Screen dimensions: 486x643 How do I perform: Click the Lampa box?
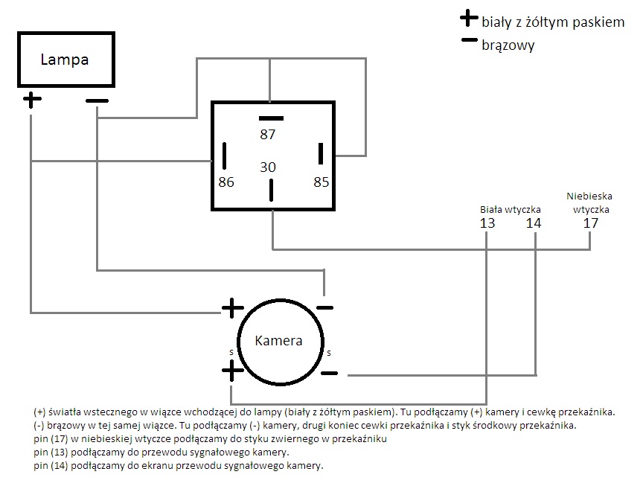point(65,60)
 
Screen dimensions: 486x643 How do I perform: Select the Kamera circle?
point(278,341)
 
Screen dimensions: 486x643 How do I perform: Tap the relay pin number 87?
point(268,135)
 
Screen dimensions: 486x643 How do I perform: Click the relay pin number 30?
point(268,167)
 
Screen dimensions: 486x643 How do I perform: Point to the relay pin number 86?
point(226,182)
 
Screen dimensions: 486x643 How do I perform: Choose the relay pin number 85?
point(321,182)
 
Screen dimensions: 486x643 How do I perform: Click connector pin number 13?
point(487,223)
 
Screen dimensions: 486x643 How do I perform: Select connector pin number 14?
point(534,223)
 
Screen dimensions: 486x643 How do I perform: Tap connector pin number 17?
point(590,223)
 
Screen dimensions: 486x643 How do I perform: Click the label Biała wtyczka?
point(511,209)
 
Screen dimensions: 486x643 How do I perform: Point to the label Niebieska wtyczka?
point(589,202)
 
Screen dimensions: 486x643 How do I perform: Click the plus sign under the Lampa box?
point(31,100)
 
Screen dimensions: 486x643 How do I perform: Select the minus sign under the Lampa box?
point(97,100)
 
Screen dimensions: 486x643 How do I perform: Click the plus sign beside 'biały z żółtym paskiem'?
point(469,19)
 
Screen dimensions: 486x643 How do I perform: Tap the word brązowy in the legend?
point(508,45)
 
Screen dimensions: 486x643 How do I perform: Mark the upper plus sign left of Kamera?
point(233,307)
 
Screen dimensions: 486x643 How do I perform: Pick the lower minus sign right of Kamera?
point(329,372)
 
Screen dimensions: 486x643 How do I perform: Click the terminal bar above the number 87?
point(271,118)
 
